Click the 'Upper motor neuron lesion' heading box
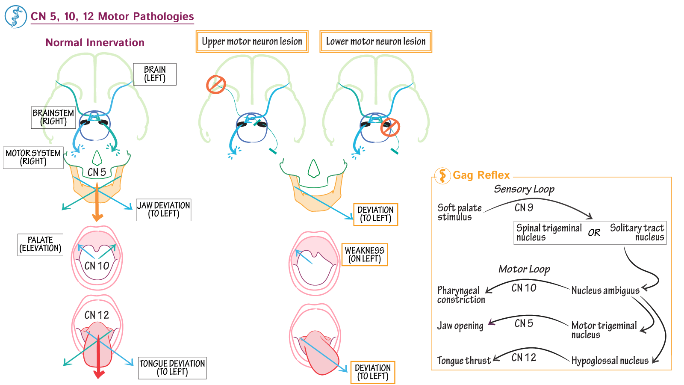click(252, 41)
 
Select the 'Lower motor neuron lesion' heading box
click(376, 41)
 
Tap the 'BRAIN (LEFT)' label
click(155, 74)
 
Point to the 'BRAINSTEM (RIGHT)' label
click(53, 117)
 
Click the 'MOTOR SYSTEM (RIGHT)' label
click(33, 157)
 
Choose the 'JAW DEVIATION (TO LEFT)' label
click(163, 210)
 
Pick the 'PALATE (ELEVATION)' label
click(40, 244)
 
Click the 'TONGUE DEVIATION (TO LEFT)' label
click(172, 368)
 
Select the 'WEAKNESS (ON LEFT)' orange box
click(365, 255)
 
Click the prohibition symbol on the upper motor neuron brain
click(216, 84)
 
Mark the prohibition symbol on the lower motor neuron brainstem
click(390, 127)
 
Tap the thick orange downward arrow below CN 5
click(97, 203)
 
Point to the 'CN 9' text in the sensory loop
click(524, 208)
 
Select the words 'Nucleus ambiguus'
click(605, 290)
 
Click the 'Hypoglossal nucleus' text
click(610, 361)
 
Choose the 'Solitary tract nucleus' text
click(637, 232)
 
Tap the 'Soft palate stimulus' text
click(459, 212)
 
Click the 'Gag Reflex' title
click(481, 175)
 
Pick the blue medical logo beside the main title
click(16, 17)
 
